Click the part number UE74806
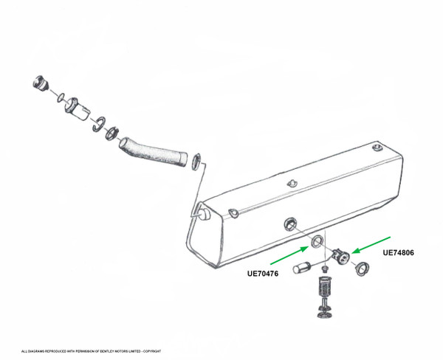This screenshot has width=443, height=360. pos(398,252)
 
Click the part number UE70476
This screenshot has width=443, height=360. pos(263,274)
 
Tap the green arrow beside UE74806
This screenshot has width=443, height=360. pos(371,245)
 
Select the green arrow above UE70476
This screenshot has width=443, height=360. pos(289,255)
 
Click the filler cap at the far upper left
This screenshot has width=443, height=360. pos(41,83)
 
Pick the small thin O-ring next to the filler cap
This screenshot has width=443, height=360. pos(61,97)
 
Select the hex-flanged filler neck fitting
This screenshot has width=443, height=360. pos(77,109)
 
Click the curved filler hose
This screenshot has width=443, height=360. pos(153,152)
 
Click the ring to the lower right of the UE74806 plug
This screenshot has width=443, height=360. pos(362,269)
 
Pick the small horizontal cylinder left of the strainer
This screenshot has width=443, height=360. pos(302,268)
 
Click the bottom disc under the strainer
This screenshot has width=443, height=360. pos(325,315)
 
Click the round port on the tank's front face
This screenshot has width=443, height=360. pos(290,224)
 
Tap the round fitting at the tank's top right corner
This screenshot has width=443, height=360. pos(377,148)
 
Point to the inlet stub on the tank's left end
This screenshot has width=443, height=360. pos(205,214)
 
